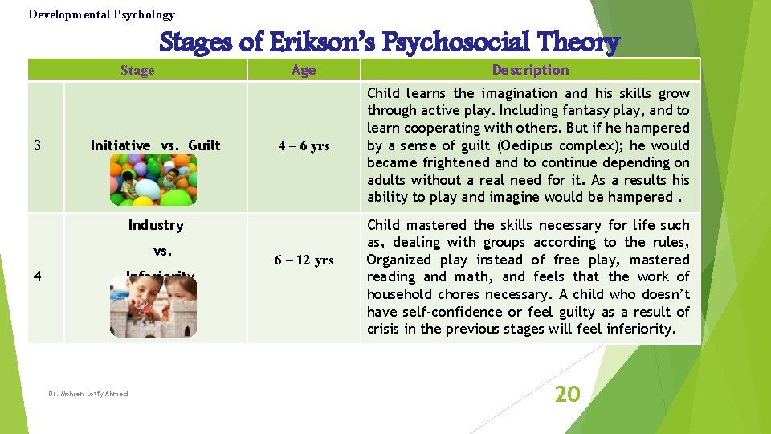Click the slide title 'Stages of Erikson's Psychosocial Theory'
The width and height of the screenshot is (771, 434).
pyautogui.click(x=390, y=42)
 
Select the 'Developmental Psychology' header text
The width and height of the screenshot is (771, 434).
pyautogui.click(x=101, y=14)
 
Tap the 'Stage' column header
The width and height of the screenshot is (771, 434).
pyautogui.click(x=137, y=70)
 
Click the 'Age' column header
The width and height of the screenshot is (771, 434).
pyautogui.click(x=304, y=70)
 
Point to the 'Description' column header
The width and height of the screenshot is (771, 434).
pyautogui.click(x=530, y=70)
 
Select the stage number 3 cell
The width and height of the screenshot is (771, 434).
pyautogui.click(x=38, y=145)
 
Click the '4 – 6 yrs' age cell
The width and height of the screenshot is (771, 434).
pyautogui.click(x=304, y=146)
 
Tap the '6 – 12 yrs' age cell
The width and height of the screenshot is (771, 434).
pyautogui.click(x=304, y=260)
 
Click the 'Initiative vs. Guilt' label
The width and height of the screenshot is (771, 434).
pyautogui.click(x=155, y=145)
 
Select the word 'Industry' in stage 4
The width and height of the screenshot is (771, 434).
pyautogui.click(x=156, y=225)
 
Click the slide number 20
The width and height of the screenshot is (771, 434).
pyautogui.click(x=568, y=394)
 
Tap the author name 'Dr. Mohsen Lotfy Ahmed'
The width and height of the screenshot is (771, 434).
pyautogui.click(x=88, y=394)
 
